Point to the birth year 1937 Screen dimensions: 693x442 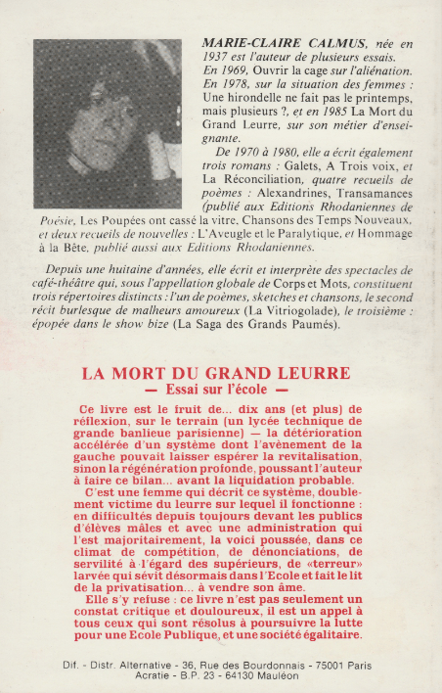(x=222, y=59)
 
